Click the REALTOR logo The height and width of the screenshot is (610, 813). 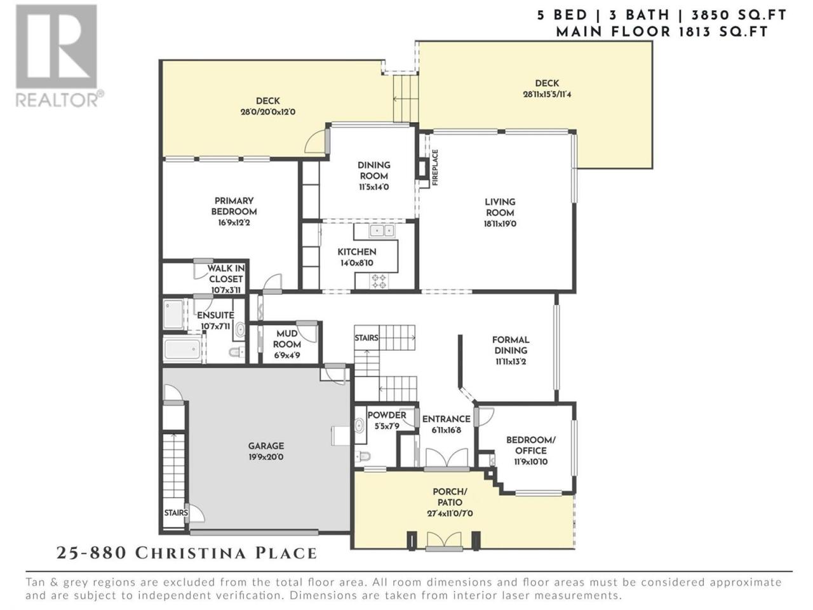coord(59,56)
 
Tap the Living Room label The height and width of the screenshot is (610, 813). coord(500,207)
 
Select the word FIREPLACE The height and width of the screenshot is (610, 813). coord(435,167)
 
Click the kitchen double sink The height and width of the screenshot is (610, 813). coord(382,231)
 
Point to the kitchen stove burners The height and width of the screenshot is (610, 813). coord(379,281)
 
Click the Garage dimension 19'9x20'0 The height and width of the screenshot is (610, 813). coord(266,457)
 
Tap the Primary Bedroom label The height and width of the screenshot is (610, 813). coord(234,206)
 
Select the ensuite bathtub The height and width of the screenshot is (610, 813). coord(182,349)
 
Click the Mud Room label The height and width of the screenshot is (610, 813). coord(286,339)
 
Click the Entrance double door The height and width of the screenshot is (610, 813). coord(447,458)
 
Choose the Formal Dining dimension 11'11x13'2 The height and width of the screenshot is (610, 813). coord(511,361)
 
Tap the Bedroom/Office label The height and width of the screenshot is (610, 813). coord(531,445)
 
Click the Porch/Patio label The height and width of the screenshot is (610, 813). coord(450,497)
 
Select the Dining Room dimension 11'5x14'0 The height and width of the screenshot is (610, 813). coord(373,187)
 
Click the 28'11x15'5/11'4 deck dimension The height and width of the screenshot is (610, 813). coord(547,94)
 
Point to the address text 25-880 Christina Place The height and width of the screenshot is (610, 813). coord(187,553)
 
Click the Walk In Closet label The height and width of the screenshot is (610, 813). coord(225,273)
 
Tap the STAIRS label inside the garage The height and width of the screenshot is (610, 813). coord(176,513)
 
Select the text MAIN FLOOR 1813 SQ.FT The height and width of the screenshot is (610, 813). coord(662,32)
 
